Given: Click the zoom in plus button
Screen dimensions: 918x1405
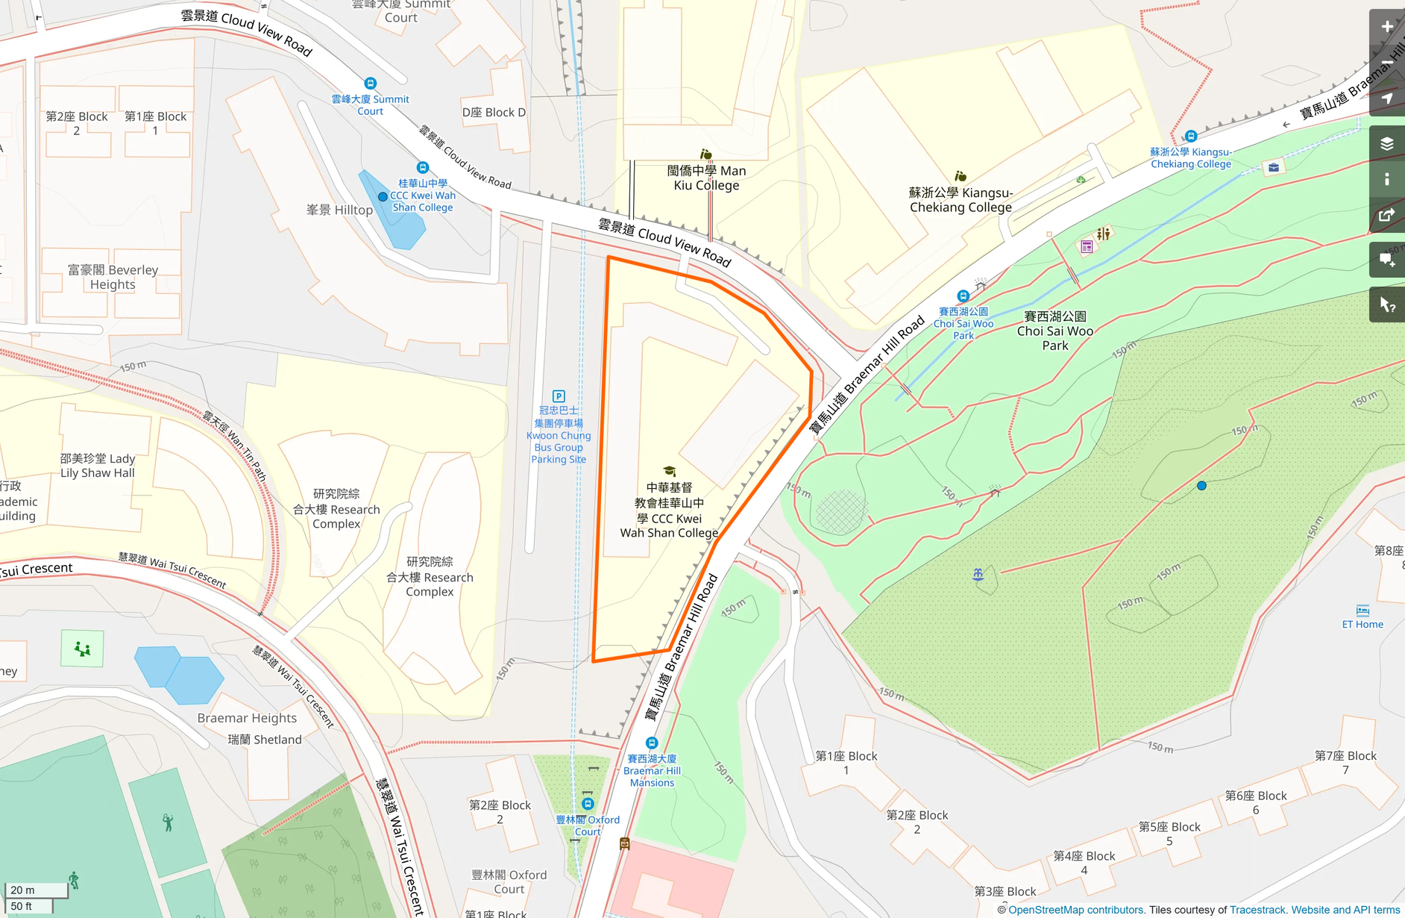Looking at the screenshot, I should (1386, 28).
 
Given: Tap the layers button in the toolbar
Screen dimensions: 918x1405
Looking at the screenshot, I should (1386, 144).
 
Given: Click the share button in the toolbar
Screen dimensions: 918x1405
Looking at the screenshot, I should (1386, 216).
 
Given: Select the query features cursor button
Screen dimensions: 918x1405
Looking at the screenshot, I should (1386, 305).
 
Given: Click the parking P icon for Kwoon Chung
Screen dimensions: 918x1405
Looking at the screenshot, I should (559, 396).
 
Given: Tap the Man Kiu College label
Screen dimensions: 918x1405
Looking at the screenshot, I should (706, 178).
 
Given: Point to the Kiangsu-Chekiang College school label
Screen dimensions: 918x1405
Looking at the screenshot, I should (961, 200).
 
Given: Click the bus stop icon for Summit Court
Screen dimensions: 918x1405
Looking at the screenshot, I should (370, 83).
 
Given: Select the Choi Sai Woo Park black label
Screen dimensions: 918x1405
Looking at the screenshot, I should (1054, 331).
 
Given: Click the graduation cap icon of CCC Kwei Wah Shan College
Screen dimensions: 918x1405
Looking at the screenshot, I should (670, 471).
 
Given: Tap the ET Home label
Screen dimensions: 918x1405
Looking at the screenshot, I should (1362, 624).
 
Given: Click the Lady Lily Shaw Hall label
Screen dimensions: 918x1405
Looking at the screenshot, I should (98, 466).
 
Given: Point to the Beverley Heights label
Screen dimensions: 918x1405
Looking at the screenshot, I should (113, 277).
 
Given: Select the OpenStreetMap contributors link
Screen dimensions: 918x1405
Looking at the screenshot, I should (1075, 910).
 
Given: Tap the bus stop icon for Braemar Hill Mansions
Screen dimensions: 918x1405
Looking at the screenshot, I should (652, 743).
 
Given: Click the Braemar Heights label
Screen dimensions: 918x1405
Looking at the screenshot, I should (247, 718).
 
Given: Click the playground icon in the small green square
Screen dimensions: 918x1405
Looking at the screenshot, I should (83, 649).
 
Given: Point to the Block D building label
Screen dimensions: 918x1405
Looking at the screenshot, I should (494, 112).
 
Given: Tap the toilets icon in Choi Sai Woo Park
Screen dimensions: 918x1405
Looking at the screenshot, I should (1104, 234).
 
